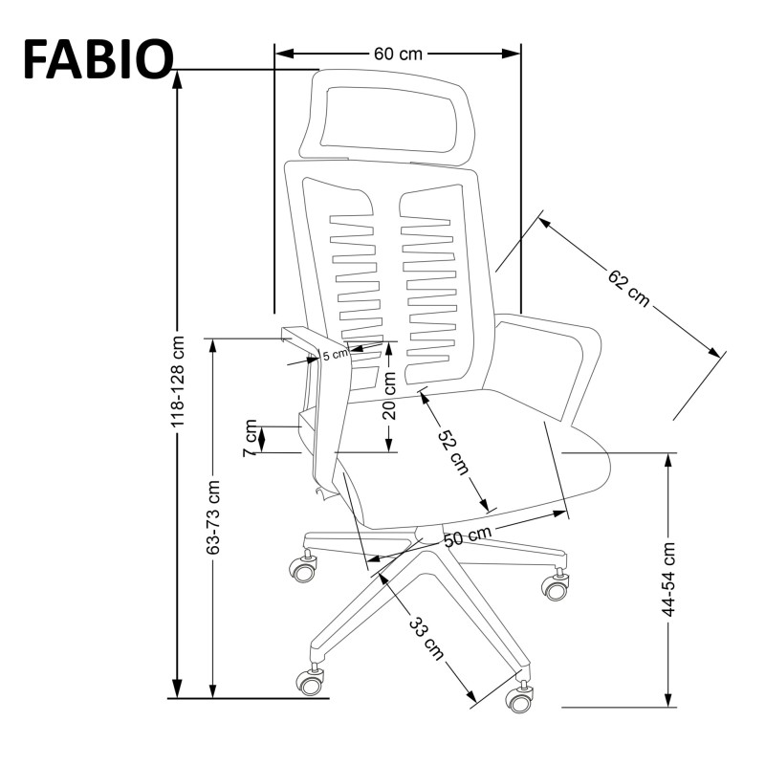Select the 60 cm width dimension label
click(397, 54)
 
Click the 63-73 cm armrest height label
click(213, 517)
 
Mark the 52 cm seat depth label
click(452, 450)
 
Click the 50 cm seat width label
click(468, 536)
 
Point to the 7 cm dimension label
click(251, 437)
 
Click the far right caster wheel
click(556, 587)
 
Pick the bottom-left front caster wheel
click(309, 681)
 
